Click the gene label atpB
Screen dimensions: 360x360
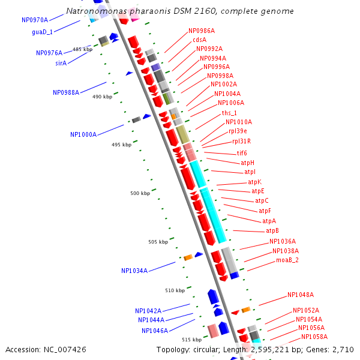point(272,230)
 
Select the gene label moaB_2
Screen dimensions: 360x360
point(287,260)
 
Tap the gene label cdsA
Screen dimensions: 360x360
point(200,40)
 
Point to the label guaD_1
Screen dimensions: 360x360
point(42,32)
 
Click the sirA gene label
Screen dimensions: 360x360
point(61,62)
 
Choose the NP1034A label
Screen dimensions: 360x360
point(134,271)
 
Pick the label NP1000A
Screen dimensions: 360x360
point(83,134)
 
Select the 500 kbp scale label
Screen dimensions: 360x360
point(140,193)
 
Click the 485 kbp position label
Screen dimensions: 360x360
point(83,49)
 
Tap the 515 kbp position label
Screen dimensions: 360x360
point(191,340)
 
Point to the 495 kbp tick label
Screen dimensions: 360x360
point(121,145)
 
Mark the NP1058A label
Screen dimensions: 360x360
point(314,337)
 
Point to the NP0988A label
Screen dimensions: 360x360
point(66,92)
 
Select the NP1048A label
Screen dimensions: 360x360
point(301,295)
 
